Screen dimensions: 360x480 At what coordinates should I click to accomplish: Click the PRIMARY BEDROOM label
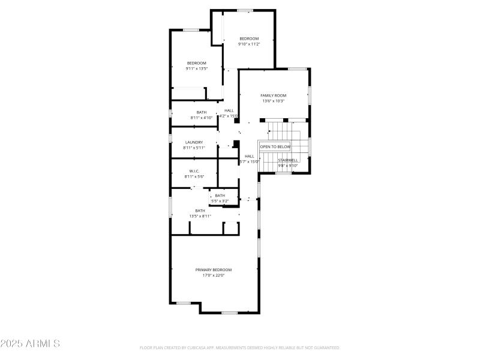pos(213,270)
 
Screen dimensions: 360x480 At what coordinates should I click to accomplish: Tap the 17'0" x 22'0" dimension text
pos(213,275)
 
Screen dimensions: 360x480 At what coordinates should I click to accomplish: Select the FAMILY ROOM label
pos(273,95)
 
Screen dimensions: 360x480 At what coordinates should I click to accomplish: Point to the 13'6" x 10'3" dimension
pos(273,101)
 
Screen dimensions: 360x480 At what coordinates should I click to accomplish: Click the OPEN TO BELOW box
pos(275,146)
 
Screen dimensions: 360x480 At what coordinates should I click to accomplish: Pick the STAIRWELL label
pos(288,160)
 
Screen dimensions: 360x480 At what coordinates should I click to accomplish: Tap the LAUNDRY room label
pos(194,142)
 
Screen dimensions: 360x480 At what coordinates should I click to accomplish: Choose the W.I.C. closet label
pos(194,171)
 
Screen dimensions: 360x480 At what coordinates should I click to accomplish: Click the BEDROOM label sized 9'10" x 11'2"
pos(249,39)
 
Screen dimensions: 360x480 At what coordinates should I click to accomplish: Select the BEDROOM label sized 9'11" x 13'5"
pos(196,63)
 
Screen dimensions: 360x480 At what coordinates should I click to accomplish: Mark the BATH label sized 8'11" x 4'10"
pos(202,112)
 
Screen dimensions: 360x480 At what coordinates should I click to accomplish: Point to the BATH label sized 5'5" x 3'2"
pos(220,196)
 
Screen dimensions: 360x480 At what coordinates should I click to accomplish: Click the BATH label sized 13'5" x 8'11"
pos(200,211)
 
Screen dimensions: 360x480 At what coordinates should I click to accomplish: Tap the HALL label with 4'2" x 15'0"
pos(229,110)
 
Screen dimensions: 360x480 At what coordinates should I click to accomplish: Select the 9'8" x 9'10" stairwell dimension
pos(288,166)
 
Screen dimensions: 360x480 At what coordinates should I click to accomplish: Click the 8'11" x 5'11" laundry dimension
pos(194,148)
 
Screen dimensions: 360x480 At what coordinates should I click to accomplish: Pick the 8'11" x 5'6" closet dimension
pos(194,176)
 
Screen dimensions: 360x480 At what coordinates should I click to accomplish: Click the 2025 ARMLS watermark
pos(30,344)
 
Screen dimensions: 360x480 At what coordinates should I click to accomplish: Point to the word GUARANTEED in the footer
pos(326,347)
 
